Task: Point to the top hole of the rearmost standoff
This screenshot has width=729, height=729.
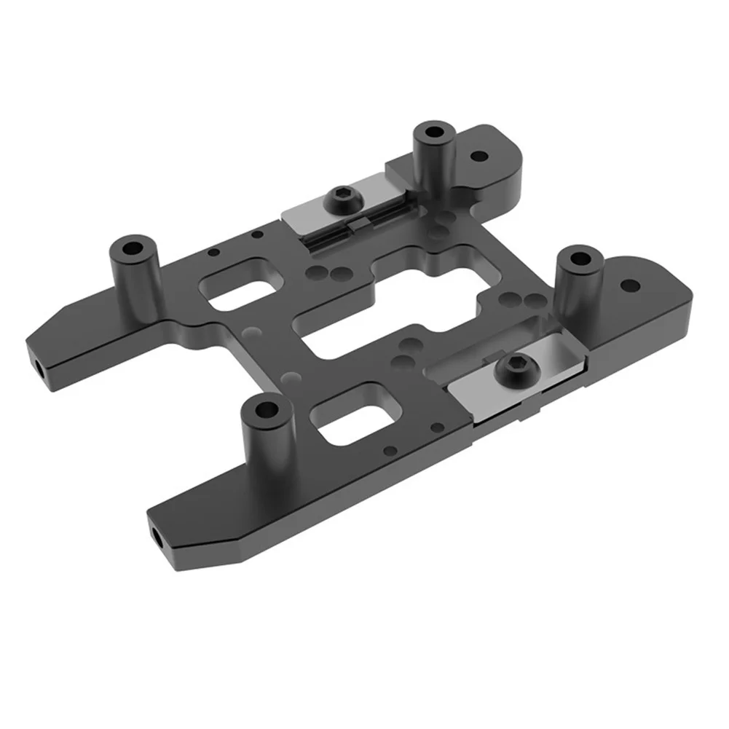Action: pos(435,134)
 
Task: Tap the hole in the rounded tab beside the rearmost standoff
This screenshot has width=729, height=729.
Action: pos(478,156)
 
